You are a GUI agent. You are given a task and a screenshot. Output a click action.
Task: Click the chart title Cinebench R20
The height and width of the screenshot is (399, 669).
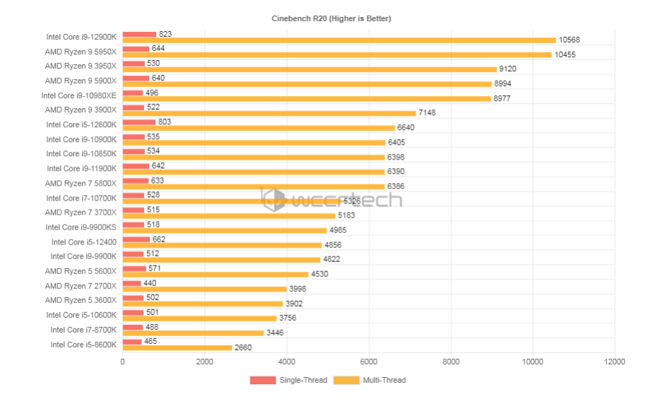tap(331, 18)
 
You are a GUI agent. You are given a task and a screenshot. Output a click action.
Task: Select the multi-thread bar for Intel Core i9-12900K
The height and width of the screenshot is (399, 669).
tap(339, 40)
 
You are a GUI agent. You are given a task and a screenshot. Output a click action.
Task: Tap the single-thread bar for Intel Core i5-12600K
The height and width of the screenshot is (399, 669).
tap(139, 121)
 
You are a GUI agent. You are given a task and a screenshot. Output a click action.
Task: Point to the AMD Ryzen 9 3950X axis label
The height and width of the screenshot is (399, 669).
tap(81, 66)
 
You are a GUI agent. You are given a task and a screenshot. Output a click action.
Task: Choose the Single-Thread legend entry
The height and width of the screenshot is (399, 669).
tap(289, 380)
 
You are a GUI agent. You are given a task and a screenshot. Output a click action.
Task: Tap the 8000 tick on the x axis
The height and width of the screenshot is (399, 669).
tap(451, 362)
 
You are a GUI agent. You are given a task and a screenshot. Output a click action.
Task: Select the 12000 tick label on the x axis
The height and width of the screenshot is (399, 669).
tap(614, 362)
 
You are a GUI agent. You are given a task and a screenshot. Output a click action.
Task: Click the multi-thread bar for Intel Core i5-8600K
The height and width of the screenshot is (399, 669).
tap(177, 347)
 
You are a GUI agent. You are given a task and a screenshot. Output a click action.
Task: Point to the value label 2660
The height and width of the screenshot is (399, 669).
tap(242, 347)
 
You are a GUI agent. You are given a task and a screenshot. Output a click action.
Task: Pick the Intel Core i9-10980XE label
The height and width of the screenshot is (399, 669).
tap(79, 95)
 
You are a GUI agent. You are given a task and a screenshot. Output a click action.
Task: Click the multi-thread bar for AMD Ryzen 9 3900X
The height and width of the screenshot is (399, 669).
tap(269, 113)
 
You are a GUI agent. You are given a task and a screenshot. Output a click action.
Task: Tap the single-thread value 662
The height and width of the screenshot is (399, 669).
tap(159, 239)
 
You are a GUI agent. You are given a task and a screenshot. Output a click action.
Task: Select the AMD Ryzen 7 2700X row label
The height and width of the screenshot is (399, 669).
tap(81, 285)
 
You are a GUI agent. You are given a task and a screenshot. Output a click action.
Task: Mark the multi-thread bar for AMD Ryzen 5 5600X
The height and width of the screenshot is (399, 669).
tap(215, 274)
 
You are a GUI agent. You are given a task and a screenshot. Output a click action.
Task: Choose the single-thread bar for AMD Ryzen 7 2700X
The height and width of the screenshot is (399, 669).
tap(131, 282)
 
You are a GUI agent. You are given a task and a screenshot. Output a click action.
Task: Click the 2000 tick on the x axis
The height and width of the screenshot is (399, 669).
tap(204, 362)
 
